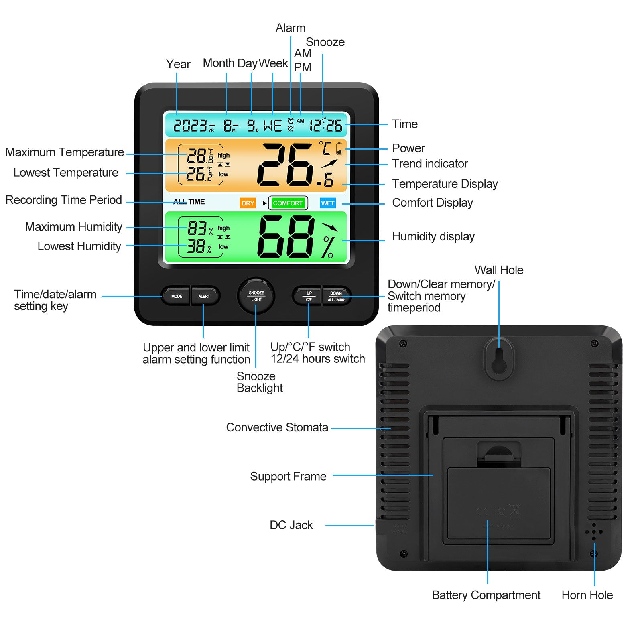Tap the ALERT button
(x=204, y=296)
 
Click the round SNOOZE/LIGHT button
(x=256, y=296)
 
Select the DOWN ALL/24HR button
(x=336, y=296)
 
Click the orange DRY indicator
(x=248, y=203)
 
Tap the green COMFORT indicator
(x=288, y=203)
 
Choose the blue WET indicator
(x=327, y=203)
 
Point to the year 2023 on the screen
(x=190, y=126)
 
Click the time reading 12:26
(x=326, y=126)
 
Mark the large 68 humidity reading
(x=286, y=237)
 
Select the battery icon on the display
(x=339, y=148)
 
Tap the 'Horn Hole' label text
(x=587, y=595)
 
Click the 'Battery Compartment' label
(x=486, y=595)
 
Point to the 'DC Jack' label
(x=291, y=525)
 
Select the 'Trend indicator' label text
(x=430, y=164)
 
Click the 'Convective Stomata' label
(x=277, y=427)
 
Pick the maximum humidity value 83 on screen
(x=197, y=228)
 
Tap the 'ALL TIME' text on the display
(x=189, y=202)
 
